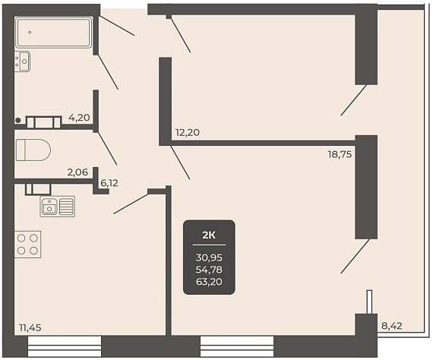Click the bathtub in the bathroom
tap(54, 33)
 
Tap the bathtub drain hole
tap(30, 33)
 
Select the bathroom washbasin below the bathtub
tap(22, 62)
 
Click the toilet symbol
tap(33, 150)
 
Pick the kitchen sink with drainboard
tap(58, 207)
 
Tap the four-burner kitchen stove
tap(27, 245)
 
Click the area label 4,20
tap(79, 118)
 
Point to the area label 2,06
tap(77, 172)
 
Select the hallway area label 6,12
tap(109, 183)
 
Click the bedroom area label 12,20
tap(188, 133)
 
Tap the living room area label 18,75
tap(340, 155)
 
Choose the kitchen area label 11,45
tap(30, 327)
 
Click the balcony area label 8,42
tap(391, 326)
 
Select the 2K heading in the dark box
tap(209, 235)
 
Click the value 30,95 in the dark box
tap(209, 258)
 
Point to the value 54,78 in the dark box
tap(209, 270)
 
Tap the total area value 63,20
tap(209, 282)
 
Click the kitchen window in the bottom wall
tap(65, 346)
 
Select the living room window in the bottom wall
tap(237, 346)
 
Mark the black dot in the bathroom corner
tap(18, 120)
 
